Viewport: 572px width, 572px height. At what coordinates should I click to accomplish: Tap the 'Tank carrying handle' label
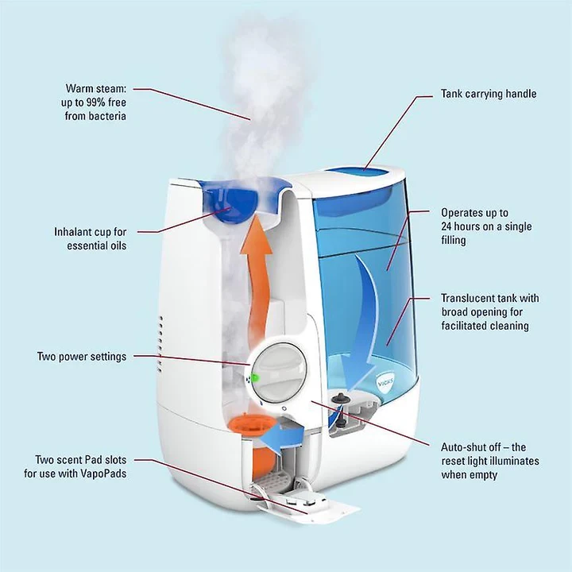coord(489,94)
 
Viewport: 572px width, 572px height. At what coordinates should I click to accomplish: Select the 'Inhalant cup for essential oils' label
coord(90,238)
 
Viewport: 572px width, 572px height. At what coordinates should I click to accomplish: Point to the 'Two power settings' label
coord(81,357)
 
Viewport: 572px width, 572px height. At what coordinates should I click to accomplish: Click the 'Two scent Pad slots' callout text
coord(80,466)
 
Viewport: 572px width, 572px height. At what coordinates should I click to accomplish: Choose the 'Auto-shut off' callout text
coord(489,461)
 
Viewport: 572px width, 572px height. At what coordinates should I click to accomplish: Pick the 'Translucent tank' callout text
coord(489,312)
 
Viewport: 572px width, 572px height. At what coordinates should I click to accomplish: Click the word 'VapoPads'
coord(102,473)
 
